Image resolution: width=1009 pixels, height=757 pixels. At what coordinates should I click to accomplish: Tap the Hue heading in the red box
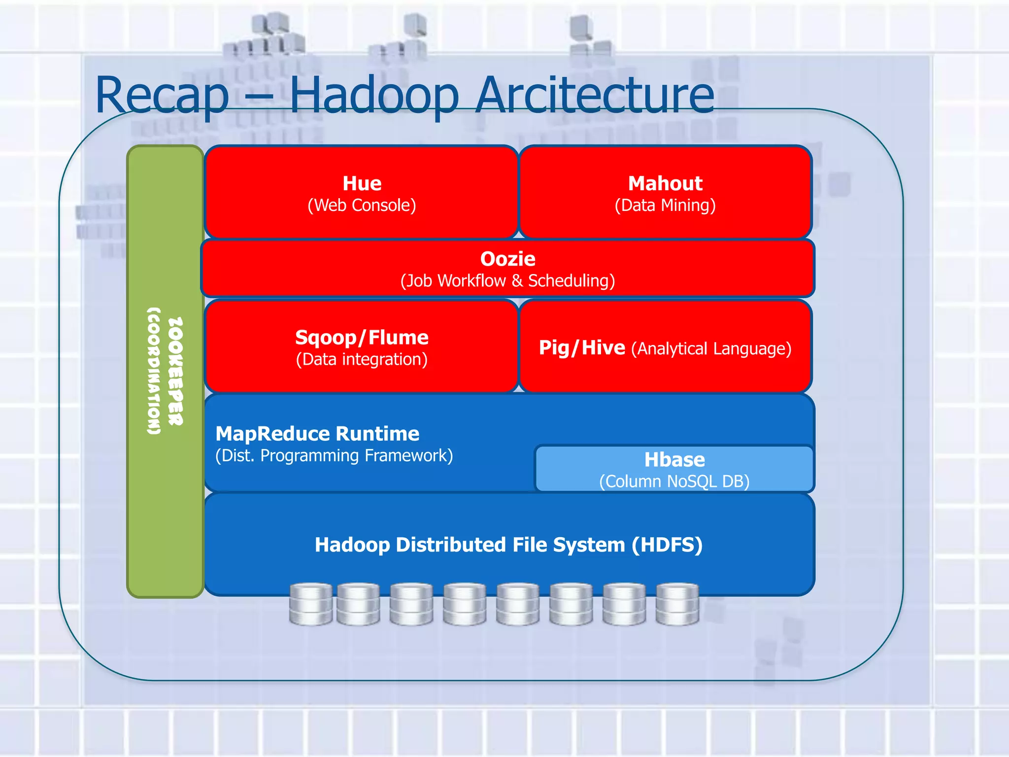pos(362,183)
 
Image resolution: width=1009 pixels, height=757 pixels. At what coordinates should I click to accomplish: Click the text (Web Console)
pos(362,205)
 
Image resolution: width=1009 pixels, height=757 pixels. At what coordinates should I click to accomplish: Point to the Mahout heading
pos(665,183)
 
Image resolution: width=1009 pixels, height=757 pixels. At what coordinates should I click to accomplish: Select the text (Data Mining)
pos(665,205)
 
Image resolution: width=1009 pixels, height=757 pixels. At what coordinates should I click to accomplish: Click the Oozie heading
pos(507,259)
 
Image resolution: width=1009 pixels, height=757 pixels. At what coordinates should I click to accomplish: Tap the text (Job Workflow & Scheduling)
pos(507,280)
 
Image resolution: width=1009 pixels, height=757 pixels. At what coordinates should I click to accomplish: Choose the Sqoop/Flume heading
pos(362,338)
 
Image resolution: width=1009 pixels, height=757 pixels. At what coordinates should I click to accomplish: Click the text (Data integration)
pos(362,359)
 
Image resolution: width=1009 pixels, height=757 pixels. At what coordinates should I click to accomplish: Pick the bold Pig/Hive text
pos(582,348)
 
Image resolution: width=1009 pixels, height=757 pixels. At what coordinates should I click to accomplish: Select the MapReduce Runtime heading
pos(317,434)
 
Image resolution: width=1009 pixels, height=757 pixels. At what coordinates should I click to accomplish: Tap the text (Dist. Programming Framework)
pos(334,455)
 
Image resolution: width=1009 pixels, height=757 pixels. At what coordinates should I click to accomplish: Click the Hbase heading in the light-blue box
pos(674,459)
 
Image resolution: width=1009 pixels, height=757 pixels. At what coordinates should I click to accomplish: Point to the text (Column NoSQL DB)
pos(674,481)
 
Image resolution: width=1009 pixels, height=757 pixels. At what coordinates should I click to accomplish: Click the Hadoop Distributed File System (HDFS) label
pos(508,545)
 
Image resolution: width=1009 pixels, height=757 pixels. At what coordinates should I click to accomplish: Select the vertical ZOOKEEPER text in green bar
pos(175,371)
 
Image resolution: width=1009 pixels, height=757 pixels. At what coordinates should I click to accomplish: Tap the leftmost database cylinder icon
pos(311,604)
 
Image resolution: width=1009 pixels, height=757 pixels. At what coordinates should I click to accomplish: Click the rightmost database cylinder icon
pos(677,604)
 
